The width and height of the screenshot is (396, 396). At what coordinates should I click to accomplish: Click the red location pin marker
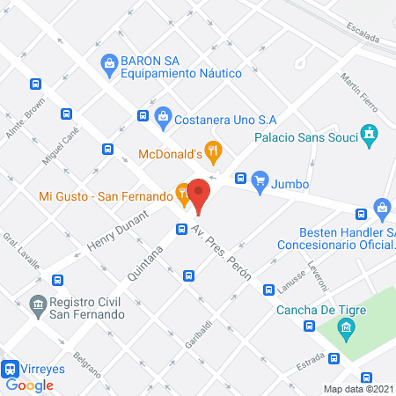pyautogui.click(x=199, y=196)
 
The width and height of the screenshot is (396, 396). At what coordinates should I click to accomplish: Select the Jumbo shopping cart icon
pyautogui.click(x=260, y=182)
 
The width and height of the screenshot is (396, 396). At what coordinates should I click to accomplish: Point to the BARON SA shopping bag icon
pyautogui.click(x=109, y=62)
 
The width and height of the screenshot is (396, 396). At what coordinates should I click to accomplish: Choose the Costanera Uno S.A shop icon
pyautogui.click(x=163, y=116)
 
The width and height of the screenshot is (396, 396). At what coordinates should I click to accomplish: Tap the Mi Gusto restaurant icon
pyautogui.click(x=182, y=193)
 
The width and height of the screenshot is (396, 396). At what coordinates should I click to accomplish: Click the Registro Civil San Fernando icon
pyautogui.click(x=38, y=305)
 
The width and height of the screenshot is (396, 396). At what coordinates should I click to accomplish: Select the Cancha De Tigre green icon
pyautogui.click(x=347, y=331)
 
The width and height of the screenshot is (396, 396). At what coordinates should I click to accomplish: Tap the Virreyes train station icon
pyautogui.click(x=11, y=370)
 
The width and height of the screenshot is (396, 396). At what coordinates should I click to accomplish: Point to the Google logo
pyautogui.click(x=30, y=385)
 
